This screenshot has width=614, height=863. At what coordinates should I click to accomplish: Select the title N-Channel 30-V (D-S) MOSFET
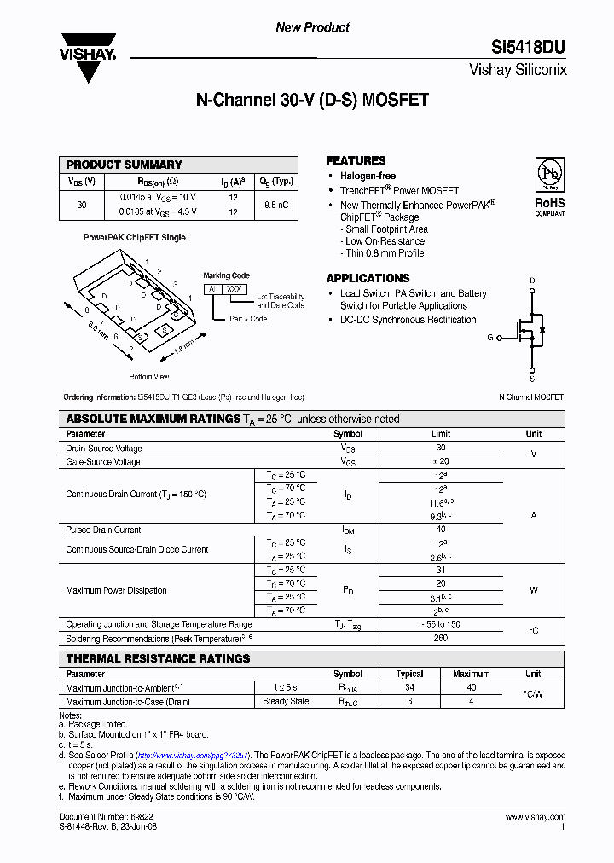pyautogui.click(x=312, y=100)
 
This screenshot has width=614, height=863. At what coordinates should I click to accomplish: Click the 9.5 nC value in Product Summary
pyautogui.click(x=276, y=205)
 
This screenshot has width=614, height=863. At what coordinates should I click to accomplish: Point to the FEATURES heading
pyautogui.click(x=356, y=160)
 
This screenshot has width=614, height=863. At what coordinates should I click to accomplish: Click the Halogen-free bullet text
pyautogui.click(x=368, y=176)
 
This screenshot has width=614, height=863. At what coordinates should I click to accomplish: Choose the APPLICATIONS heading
pyautogui.click(x=368, y=278)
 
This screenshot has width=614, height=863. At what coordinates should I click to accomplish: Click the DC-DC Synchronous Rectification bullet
pyautogui.click(x=408, y=320)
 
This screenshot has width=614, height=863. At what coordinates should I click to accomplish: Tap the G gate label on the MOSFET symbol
pyautogui.click(x=490, y=338)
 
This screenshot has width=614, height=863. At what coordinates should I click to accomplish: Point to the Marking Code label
pyautogui.click(x=226, y=275)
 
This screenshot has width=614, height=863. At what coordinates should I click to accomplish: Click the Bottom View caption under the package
pyautogui.click(x=149, y=376)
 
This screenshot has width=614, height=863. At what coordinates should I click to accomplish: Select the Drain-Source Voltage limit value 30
pyautogui.click(x=441, y=448)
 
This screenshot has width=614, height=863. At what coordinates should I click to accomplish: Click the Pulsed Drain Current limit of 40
pyautogui.click(x=441, y=530)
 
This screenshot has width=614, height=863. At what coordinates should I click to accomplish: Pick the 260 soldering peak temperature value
pyautogui.click(x=441, y=638)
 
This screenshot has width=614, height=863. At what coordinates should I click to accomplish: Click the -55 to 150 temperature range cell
pyautogui.click(x=441, y=624)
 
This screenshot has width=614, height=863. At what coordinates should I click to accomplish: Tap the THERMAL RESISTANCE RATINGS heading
pyautogui.click(x=158, y=658)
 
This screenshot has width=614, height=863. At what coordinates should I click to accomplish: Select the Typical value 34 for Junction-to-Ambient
pyautogui.click(x=409, y=687)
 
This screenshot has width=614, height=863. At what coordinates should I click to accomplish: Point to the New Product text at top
pyautogui.click(x=312, y=28)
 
